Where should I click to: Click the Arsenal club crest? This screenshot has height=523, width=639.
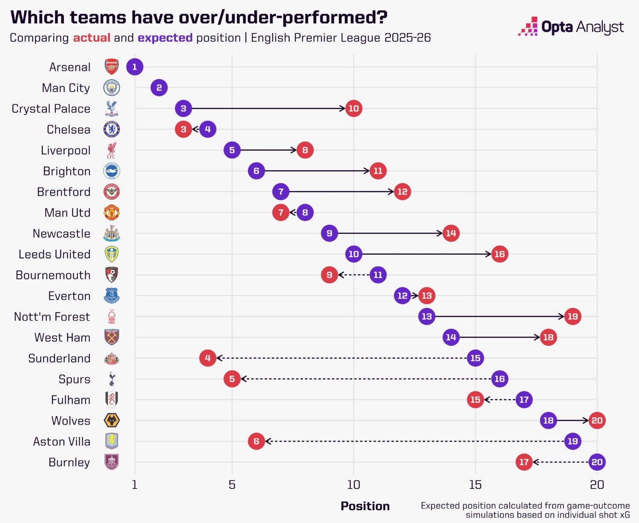(112, 67)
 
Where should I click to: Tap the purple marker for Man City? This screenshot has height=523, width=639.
(159, 88)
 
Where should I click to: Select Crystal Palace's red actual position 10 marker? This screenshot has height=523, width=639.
(354, 109)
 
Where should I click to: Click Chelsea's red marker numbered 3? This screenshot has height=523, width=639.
(183, 129)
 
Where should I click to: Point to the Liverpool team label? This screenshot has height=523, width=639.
(66, 150)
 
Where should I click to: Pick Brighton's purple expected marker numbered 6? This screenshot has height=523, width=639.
(256, 171)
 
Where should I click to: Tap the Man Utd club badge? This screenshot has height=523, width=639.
(112, 213)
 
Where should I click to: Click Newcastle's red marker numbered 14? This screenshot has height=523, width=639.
(451, 233)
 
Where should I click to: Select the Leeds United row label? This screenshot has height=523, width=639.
(55, 254)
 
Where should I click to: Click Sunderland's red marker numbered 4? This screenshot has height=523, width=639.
(207, 358)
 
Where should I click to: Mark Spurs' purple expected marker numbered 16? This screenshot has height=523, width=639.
(499, 379)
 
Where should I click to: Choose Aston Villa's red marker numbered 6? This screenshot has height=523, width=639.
(256, 441)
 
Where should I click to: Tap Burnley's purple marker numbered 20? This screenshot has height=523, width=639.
(597, 462)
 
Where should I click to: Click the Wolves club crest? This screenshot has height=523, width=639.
(112, 421)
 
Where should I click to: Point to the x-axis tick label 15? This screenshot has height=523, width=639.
(475, 485)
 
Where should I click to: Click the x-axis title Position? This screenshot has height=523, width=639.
(365, 506)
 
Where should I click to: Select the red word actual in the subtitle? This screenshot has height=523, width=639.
(92, 38)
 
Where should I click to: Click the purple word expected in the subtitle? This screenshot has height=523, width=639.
(165, 38)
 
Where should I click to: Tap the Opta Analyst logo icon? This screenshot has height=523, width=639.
(528, 26)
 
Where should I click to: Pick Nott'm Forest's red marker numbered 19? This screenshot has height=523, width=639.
(573, 316)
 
